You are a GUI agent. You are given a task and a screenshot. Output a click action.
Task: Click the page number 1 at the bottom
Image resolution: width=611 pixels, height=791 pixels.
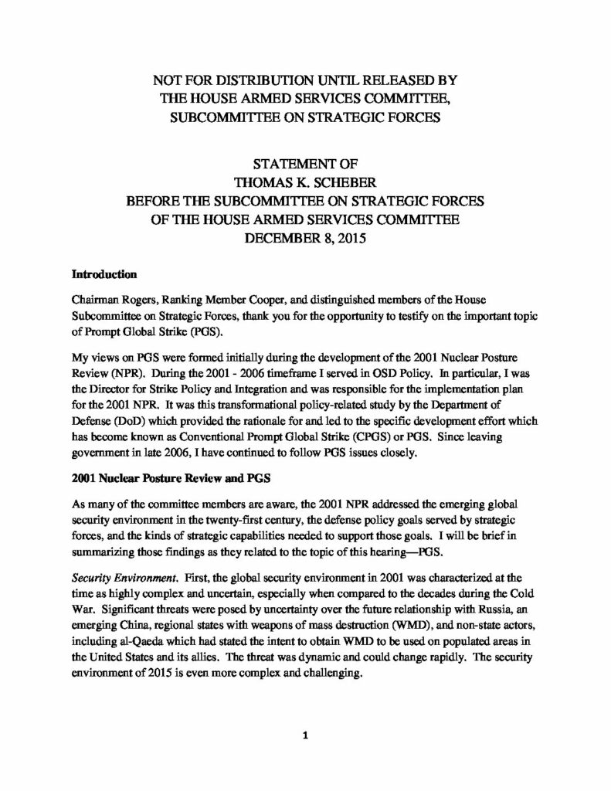point(306,735)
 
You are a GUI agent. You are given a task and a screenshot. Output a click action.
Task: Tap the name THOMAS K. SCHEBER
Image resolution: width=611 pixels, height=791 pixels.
point(306,183)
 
